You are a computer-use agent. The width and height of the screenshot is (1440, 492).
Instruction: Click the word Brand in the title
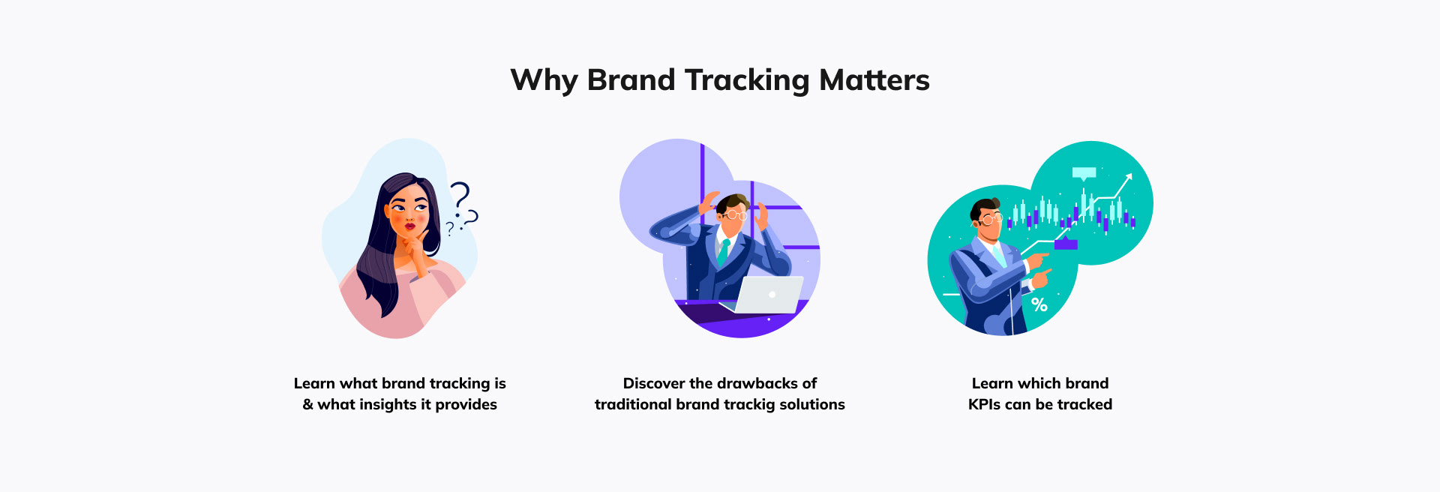(x=631, y=80)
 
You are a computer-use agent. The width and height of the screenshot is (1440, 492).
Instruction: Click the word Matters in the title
(x=874, y=80)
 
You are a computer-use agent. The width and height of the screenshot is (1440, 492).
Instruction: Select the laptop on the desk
(x=765, y=295)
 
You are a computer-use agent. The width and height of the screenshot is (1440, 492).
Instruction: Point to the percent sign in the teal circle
(x=1039, y=304)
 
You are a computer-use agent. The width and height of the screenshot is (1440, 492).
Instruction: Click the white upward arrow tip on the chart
(x=1129, y=177)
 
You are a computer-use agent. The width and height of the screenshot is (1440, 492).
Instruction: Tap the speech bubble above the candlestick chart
(x=1084, y=174)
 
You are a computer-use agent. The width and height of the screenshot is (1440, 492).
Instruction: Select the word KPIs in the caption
(x=984, y=404)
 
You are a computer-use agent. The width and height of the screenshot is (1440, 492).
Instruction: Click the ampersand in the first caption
(x=307, y=404)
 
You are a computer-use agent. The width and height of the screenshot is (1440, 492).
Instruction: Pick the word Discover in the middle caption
(x=654, y=383)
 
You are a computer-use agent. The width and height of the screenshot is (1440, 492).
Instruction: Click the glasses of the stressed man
(x=736, y=214)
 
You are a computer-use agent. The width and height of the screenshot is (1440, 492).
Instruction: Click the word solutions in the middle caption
(x=812, y=404)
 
